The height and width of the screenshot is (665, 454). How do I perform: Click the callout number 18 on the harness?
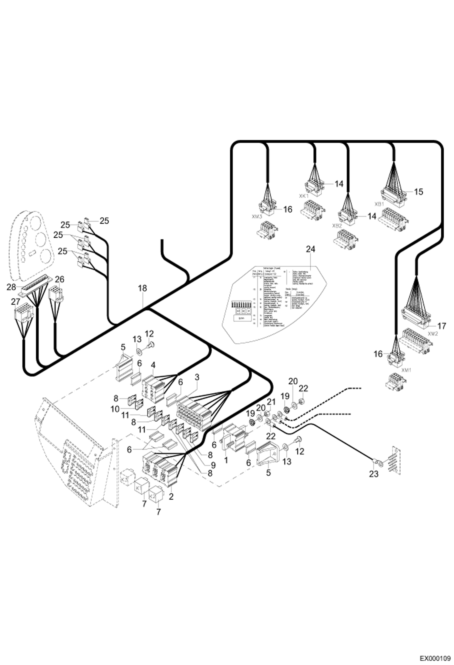pos(142,288)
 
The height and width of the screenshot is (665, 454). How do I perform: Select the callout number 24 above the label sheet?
pos(310,249)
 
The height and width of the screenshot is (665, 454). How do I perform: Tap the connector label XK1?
pos(303,196)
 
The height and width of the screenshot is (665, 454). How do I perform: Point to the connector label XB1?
pos(379,204)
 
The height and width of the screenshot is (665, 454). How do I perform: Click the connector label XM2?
pos(433,333)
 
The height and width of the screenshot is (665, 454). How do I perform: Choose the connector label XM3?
pos(256,216)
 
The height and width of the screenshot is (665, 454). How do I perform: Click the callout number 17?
pos(442,326)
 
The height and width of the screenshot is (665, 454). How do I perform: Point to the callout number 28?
pos(11,287)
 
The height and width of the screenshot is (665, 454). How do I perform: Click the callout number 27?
pos(15,302)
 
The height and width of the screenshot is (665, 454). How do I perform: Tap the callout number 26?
pos(60,279)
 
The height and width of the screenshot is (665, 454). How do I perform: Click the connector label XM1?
pos(406,370)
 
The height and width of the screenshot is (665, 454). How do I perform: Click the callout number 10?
pos(115,409)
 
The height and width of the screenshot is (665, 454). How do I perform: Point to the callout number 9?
pos(213,465)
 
